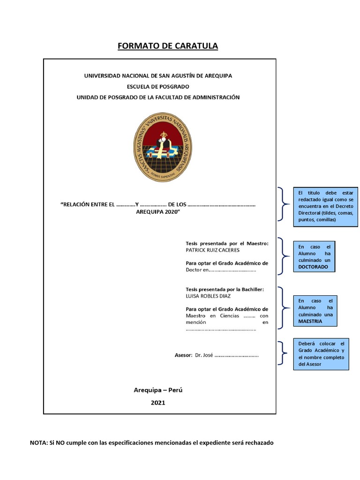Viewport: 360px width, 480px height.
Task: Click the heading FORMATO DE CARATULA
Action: tap(167, 46)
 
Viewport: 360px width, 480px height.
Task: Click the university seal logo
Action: tap(163, 147)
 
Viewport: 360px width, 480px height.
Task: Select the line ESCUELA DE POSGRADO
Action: tap(158, 86)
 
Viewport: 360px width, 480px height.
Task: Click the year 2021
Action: tap(158, 402)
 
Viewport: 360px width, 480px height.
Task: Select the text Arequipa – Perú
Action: tap(158, 390)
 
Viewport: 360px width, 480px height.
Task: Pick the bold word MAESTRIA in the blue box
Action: tap(310, 322)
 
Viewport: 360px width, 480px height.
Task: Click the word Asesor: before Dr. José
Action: tap(183, 355)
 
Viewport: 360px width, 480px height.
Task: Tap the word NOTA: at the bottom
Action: tap(38, 442)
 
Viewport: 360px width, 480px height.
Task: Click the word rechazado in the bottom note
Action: tap(257, 442)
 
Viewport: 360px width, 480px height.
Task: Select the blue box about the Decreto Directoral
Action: tap(325, 207)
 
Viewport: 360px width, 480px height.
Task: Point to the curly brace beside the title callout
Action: tap(282, 204)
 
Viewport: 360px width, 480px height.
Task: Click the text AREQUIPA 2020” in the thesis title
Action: tap(158, 212)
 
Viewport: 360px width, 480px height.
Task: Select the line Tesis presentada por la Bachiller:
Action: tap(225, 289)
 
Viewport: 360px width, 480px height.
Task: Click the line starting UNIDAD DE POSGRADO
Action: tap(158, 97)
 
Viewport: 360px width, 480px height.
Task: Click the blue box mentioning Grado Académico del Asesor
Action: tap(321, 353)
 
